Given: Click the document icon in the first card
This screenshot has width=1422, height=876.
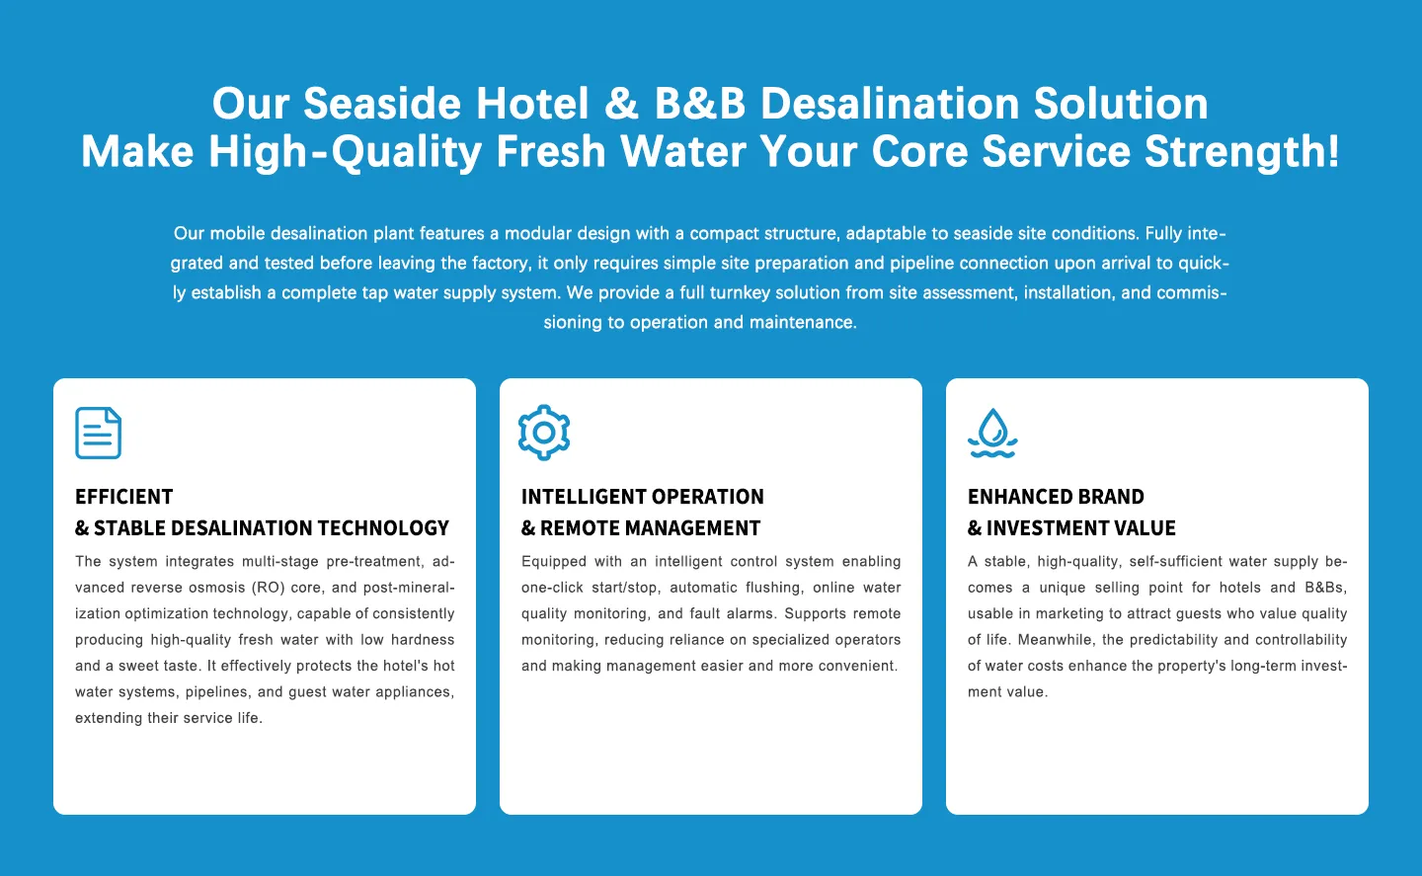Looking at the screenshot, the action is pos(98,433).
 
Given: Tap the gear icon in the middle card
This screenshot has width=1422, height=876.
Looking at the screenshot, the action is pos(544,433).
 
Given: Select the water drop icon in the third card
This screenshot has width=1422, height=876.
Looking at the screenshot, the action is pos(992,433).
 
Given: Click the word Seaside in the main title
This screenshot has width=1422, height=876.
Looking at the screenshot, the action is pos(382,104).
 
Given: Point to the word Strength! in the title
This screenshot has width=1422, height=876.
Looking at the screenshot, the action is pos(1242,152).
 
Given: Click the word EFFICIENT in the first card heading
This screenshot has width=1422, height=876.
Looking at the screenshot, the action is pos(123,497).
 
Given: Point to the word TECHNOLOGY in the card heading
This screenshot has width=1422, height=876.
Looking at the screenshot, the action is pos(383,528).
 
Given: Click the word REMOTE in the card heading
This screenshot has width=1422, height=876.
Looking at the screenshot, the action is pos(580,528).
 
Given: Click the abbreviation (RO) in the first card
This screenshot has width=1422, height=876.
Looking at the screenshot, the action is pos(269,588).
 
